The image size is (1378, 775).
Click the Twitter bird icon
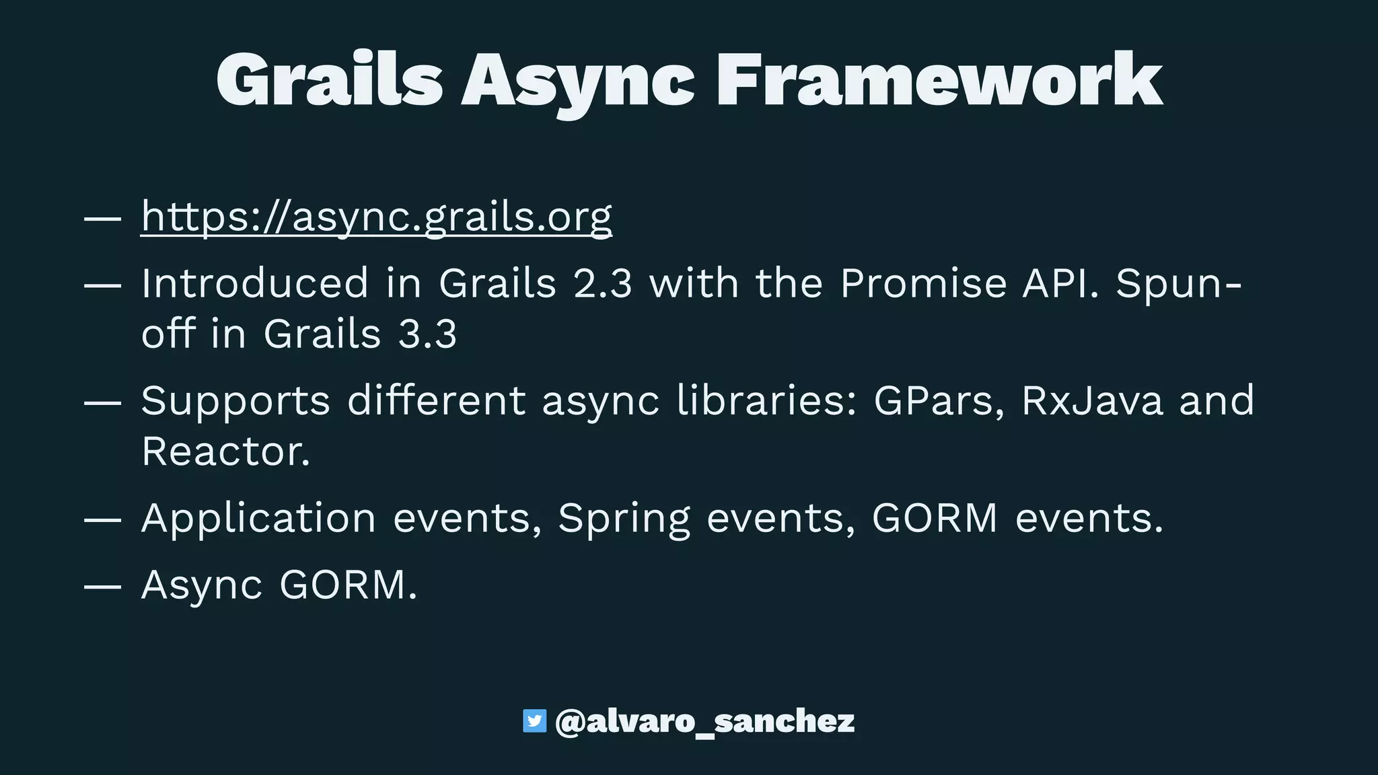[x=535, y=721]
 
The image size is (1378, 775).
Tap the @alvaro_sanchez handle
[x=704, y=721]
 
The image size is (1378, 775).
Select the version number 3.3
[x=427, y=334]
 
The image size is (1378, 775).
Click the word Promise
[x=922, y=283]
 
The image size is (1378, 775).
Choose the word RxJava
[x=1092, y=401]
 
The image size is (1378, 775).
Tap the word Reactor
[x=226, y=451]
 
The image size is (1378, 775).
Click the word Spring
[x=624, y=519]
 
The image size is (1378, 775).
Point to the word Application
[x=258, y=519]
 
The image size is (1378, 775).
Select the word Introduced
[x=255, y=283]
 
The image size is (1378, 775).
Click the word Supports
[x=235, y=401]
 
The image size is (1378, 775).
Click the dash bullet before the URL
[x=102, y=218]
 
